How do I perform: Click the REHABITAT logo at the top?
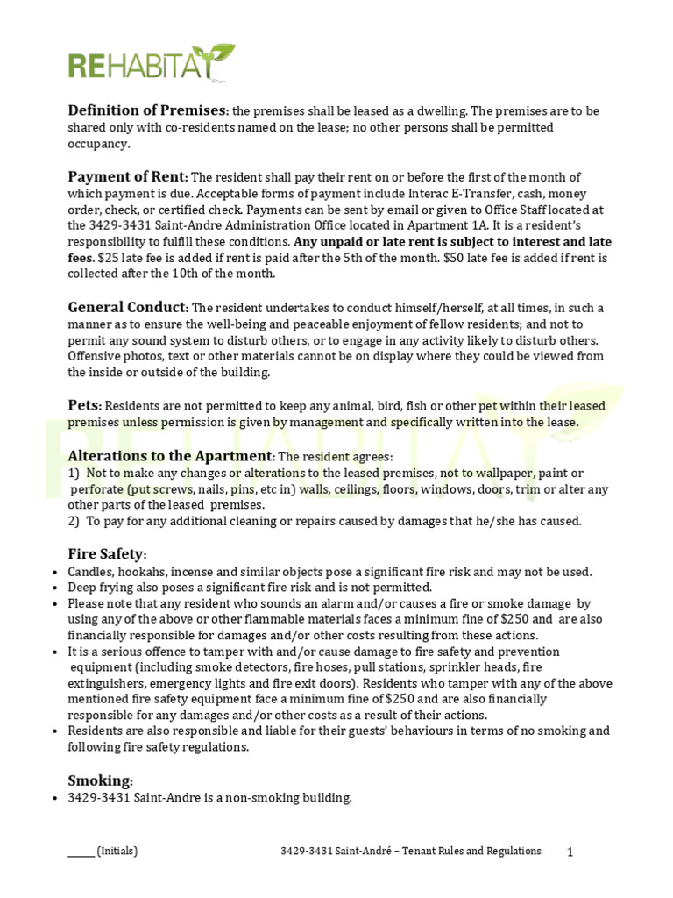152,64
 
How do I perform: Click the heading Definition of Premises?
147,110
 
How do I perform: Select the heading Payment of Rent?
127,176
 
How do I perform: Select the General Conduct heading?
127,307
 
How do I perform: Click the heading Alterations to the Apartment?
171,456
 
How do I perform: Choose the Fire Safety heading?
107,554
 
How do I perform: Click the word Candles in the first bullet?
92,572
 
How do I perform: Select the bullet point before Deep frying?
56,588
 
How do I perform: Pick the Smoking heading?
100,780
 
